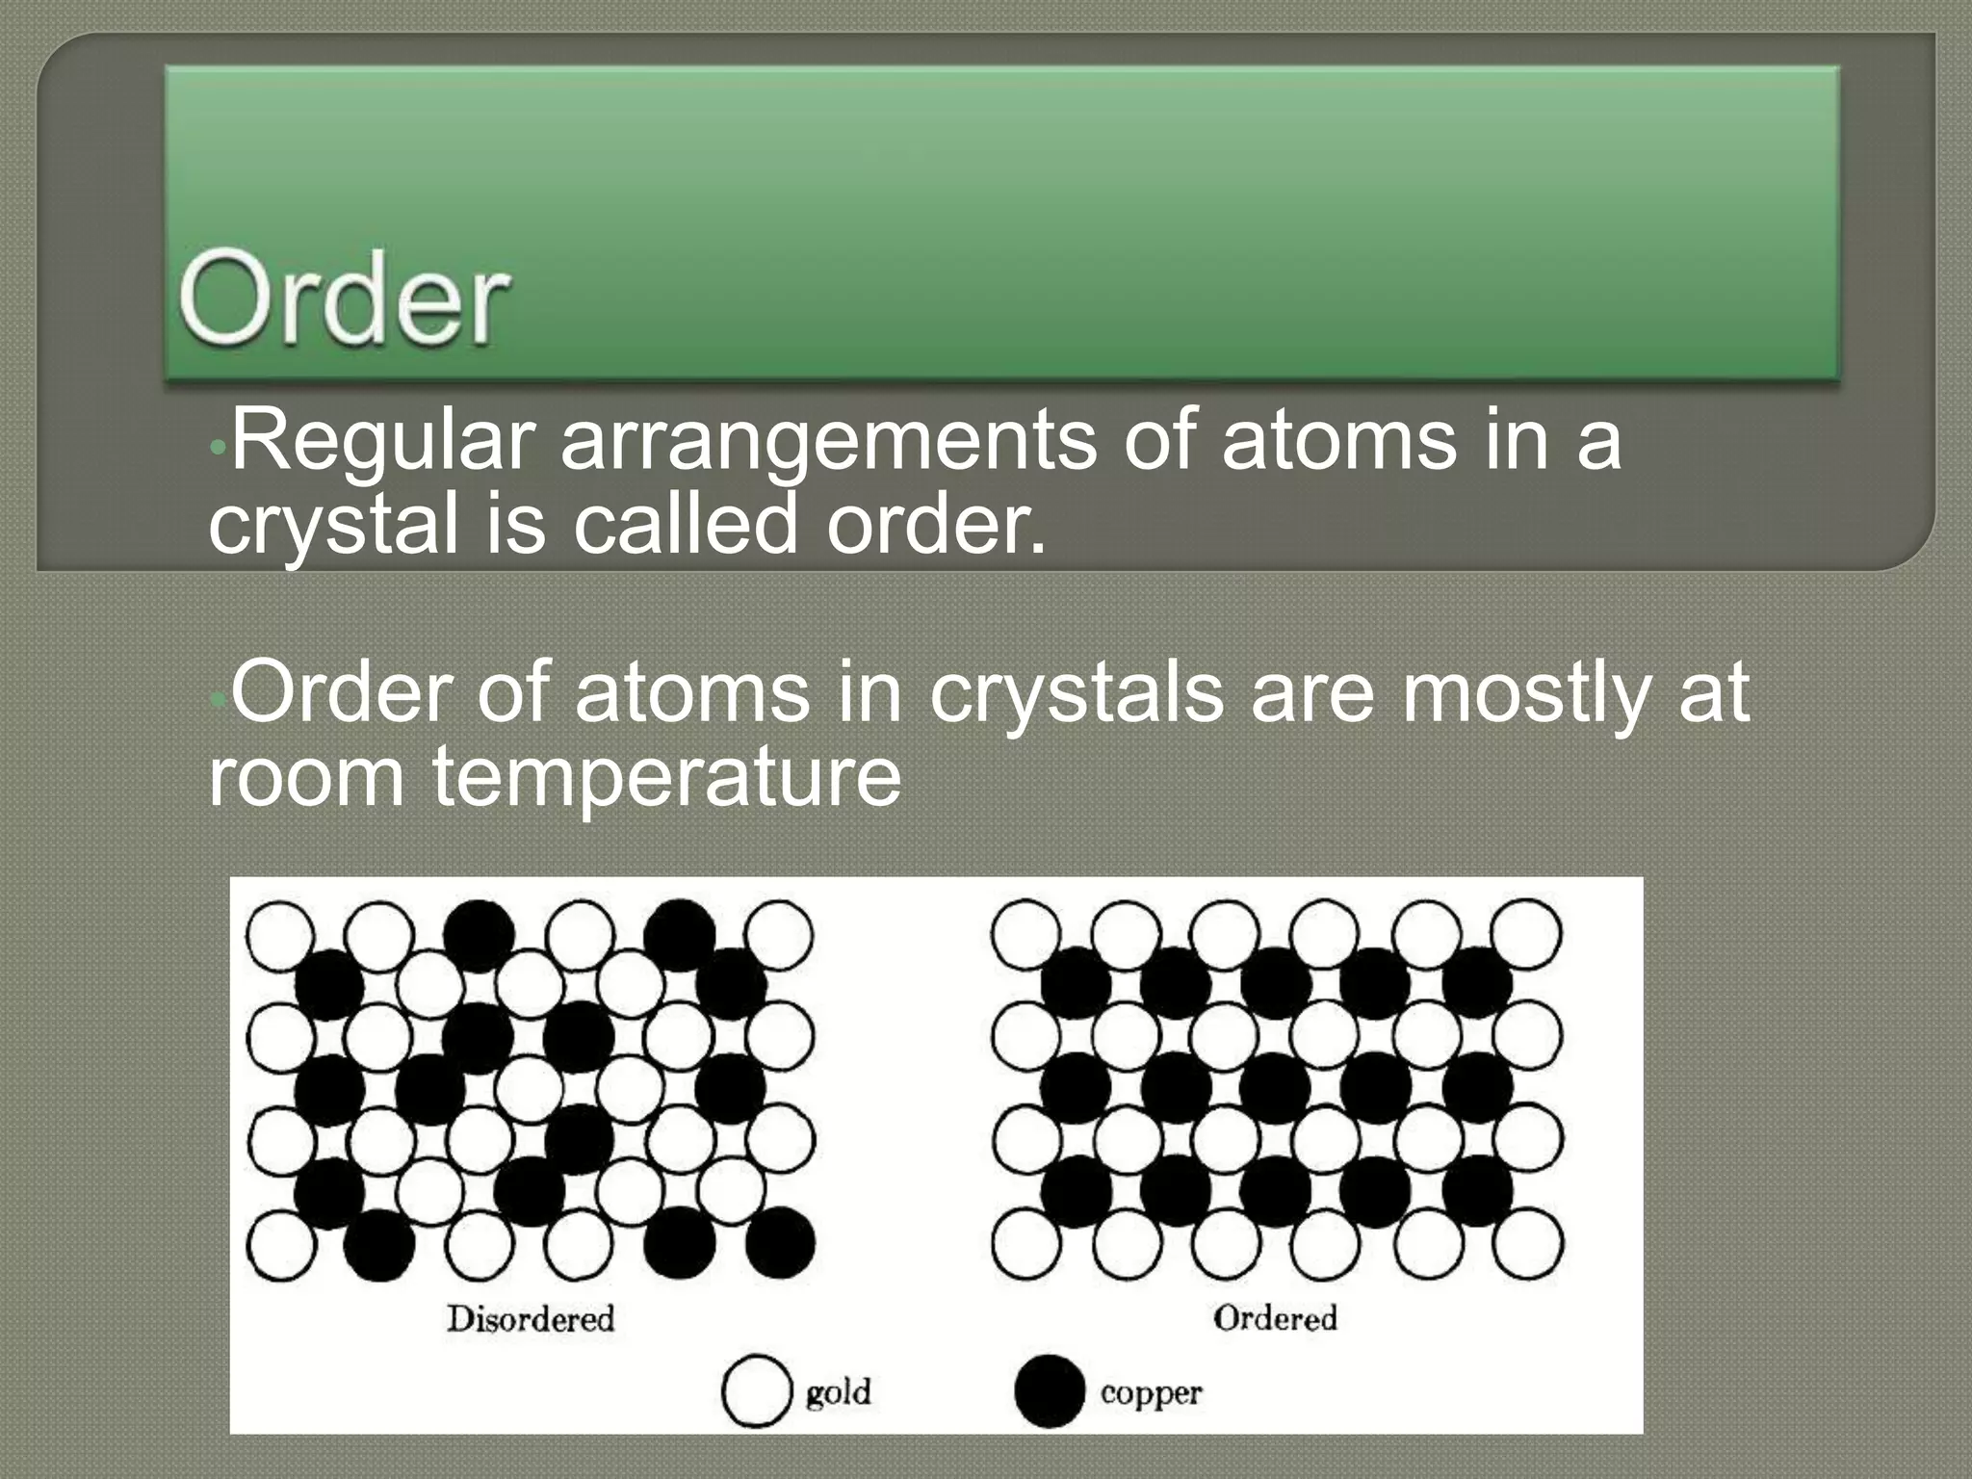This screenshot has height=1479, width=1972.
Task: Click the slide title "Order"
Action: pos(343,299)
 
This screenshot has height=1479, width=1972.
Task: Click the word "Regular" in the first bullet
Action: pos(382,442)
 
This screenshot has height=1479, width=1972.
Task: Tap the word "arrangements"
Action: pos(827,442)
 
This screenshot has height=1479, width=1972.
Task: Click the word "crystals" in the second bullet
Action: pos(1077,692)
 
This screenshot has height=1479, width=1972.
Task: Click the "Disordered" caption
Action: pos(531,1318)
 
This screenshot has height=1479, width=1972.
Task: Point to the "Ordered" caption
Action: pos(1275,1317)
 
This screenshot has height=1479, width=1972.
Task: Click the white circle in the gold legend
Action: pos(756,1391)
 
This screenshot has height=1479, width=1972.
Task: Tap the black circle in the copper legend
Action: pos(1050,1391)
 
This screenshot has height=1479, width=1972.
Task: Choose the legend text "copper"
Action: pos(1151,1393)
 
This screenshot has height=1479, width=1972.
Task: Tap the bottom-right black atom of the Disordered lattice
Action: pos(780,1242)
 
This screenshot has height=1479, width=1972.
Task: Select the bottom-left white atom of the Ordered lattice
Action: pos(1026,1243)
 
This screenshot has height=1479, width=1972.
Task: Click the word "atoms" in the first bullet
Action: pos(1338,442)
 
